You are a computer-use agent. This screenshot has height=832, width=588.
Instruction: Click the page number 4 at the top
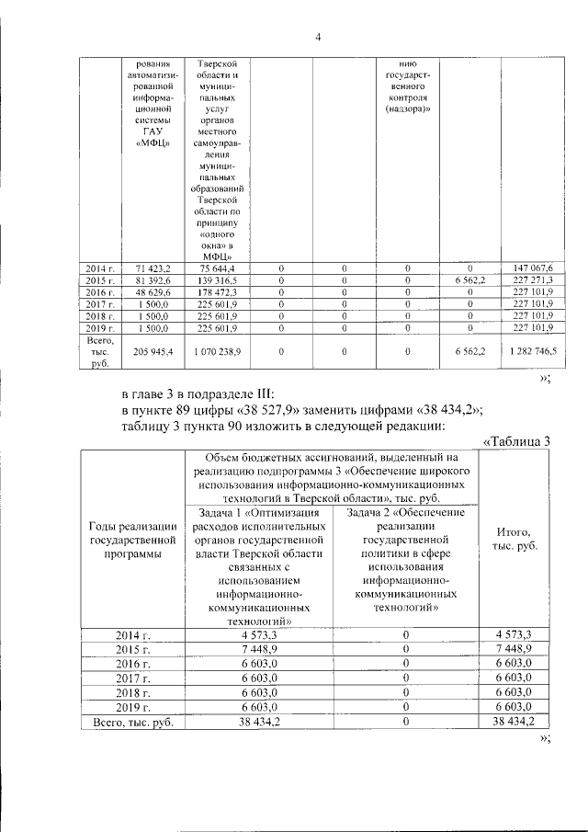pyautogui.click(x=317, y=37)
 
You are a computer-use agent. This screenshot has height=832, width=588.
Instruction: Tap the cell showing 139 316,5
pyautogui.click(x=217, y=279)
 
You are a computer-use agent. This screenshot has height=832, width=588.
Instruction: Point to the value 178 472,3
pyautogui.click(x=217, y=291)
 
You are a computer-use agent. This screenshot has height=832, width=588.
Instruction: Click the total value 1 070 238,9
pyautogui.click(x=217, y=350)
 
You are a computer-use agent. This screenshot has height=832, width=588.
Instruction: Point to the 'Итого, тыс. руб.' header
pyautogui.click(x=517, y=539)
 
